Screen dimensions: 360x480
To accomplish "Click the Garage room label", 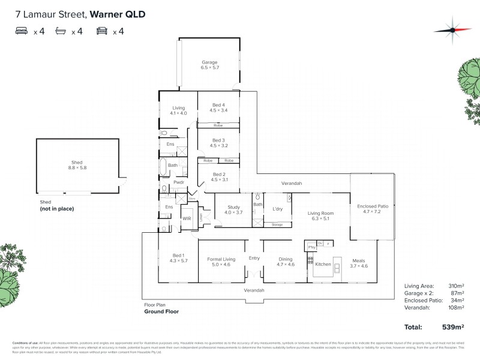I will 209,65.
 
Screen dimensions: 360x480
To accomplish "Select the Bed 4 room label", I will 218,107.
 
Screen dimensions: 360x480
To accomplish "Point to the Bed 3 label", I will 218,142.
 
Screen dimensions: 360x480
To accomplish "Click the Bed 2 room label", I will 218,177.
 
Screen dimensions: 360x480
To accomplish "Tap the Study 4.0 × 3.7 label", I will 233,209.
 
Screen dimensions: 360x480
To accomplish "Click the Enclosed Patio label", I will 373,209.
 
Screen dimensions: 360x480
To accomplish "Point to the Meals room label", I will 358,263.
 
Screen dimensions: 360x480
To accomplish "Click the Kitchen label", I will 323,264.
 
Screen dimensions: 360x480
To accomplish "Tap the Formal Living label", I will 221,262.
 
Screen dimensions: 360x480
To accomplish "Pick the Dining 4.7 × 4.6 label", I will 285,262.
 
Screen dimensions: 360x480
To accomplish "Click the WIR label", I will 187,218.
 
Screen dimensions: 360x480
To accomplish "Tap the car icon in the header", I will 101,31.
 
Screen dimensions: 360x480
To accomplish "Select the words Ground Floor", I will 162,311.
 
